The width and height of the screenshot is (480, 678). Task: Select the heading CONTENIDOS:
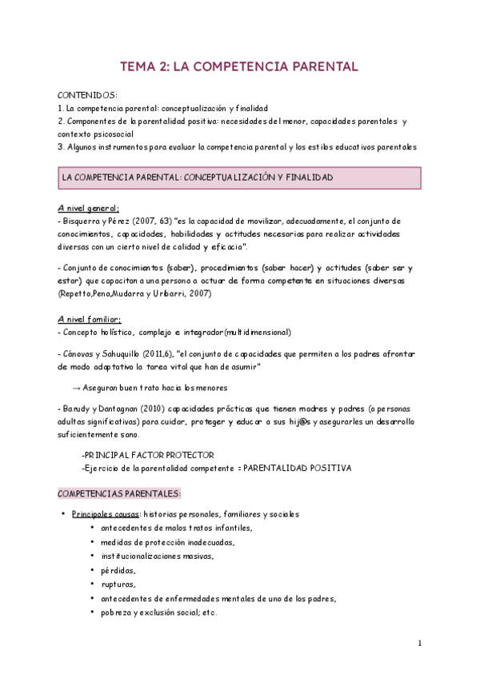89,95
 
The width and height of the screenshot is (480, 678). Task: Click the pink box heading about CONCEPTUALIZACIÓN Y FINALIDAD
198,177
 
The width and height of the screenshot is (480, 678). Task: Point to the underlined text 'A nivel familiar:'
90,318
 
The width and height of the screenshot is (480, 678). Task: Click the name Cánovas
82,353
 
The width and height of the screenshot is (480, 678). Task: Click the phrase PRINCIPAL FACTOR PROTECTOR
154,455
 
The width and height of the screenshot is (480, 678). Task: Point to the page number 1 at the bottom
420,643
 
